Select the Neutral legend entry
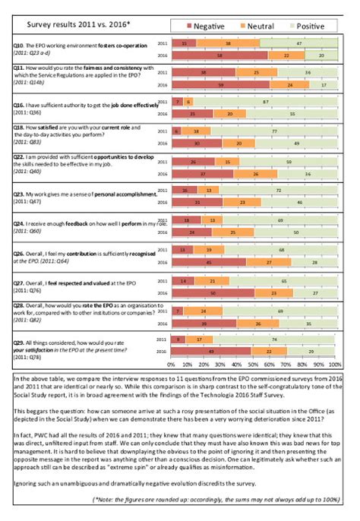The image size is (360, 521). point(255,26)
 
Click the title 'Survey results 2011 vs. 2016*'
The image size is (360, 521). point(75,24)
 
